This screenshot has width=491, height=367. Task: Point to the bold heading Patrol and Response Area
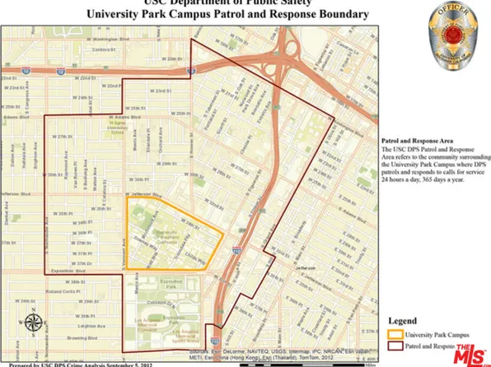[x=413, y=141]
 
